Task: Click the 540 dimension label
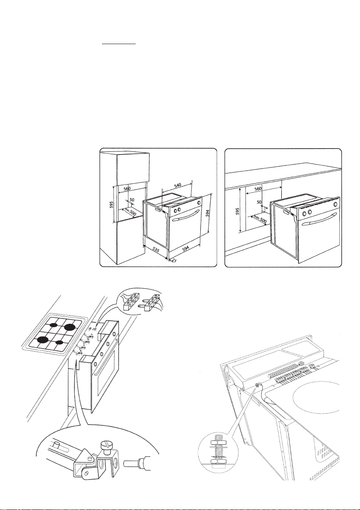(x=178, y=186)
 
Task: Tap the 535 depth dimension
(x=156, y=251)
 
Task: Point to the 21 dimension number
(x=174, y=260)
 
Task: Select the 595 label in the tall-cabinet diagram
(x=111, y=204)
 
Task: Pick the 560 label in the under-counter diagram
(x=258, y=189)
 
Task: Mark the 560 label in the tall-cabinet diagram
(x=127, y=188)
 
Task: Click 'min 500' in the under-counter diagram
(x=260, y=220)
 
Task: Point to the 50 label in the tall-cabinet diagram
(x=132, y=199)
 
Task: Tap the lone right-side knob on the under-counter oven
(x=335, y=204)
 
